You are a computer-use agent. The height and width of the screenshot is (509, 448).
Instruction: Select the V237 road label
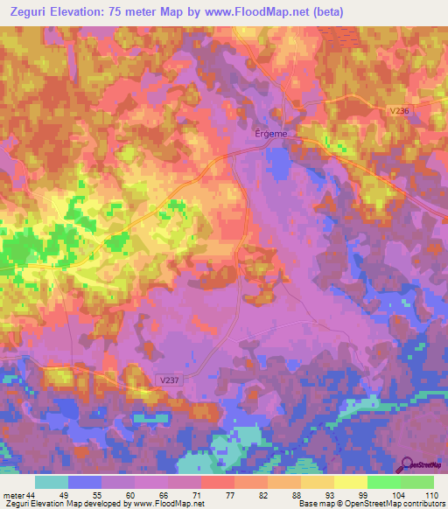[x=171, y=379]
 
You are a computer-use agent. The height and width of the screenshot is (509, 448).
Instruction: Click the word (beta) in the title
[x=324, y=12]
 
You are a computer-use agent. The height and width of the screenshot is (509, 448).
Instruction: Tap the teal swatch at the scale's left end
[x=52, y=482]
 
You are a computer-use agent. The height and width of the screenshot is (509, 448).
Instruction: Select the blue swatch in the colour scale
[x=85, y=482]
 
